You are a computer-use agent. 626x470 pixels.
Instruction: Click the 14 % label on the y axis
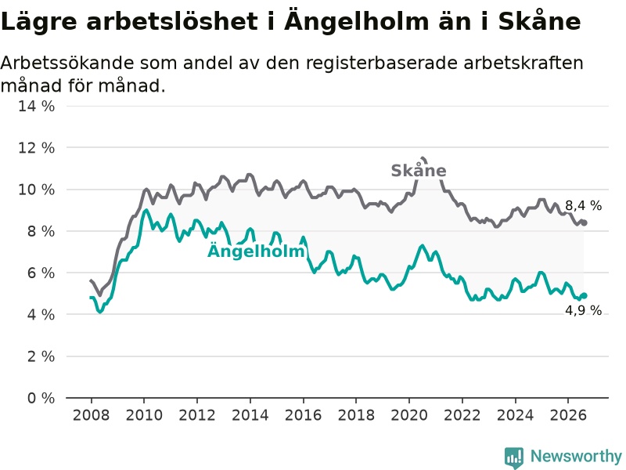pos(36,107)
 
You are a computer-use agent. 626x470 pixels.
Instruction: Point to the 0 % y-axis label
pos(41,398)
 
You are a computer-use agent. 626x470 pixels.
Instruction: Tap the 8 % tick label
pos(41,231)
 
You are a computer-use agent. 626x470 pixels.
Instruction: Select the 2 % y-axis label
pos(41,356)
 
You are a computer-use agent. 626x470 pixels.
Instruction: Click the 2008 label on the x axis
pos(91,415)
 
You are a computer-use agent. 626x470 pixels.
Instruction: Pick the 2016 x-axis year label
pos(303,415)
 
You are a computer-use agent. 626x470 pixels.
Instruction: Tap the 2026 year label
pos(568,415)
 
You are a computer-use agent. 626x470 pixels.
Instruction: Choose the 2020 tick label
pos(409,415)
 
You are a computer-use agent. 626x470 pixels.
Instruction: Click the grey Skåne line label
pos(419,170)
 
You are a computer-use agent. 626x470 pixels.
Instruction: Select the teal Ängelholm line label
pos(257,251)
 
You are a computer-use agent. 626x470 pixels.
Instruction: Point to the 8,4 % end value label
pos(583,206)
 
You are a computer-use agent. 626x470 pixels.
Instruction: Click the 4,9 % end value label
pos(583,310)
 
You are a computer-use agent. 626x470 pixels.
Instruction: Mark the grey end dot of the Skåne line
pos(584,223)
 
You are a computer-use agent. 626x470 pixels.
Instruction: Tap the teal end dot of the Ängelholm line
pos(584,296)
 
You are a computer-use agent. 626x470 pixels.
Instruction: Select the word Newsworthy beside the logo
pos(576,456)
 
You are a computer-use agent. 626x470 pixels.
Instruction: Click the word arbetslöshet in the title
pos(171,21)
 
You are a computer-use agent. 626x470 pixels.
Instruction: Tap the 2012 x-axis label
pos(197,415)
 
